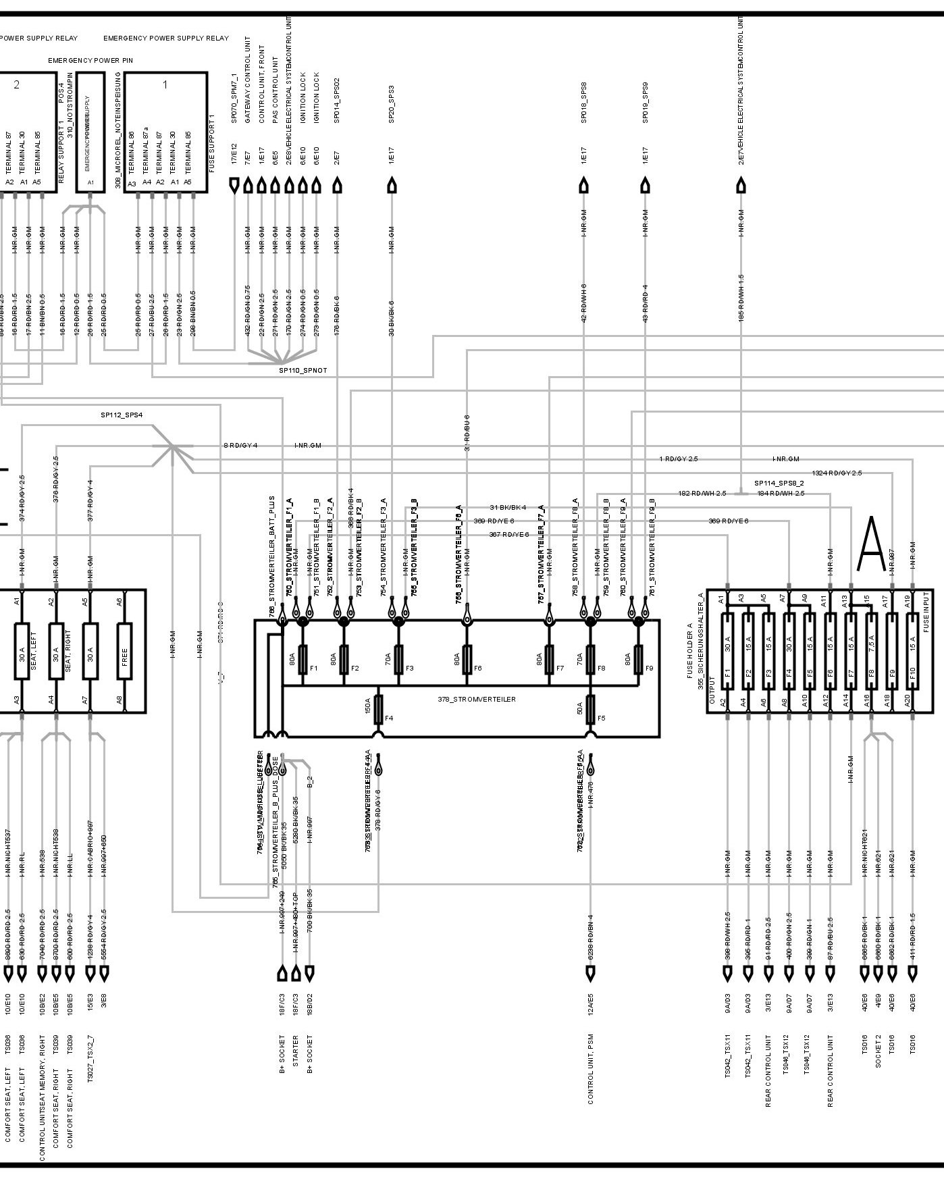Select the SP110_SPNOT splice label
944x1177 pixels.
(303, 371)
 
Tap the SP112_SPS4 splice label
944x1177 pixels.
(122, 415)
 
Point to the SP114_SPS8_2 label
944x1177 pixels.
(779, 483)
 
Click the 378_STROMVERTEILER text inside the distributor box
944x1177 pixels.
(476, 699)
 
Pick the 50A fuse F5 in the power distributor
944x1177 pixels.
(591, 708)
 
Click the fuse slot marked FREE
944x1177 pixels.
(124, 652)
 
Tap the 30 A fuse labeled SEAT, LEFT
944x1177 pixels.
(22, 652)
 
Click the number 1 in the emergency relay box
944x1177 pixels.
(165, 84)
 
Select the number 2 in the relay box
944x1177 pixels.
(17, 84)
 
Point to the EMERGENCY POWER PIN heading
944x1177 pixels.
(90, 60)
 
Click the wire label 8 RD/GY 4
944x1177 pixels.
(240, 446)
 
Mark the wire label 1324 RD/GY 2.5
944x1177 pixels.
(837, 473)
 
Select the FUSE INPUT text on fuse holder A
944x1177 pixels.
(926, 614)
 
